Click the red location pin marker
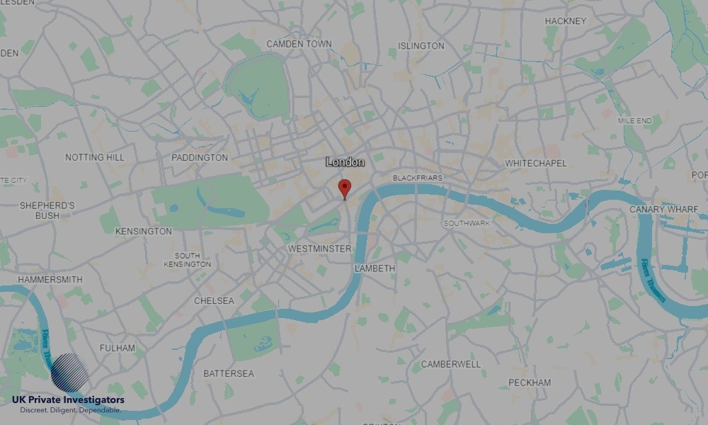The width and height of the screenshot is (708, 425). tap(345, 188)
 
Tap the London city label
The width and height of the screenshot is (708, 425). tap(346, 162)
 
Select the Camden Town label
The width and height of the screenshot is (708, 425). tap(299, 44)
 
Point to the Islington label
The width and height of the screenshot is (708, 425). tap(421, 46)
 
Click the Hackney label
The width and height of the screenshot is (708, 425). tap(565, 21)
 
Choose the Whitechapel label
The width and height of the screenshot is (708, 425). tap(536, 164)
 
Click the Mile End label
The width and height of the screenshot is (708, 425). tap(634, 121)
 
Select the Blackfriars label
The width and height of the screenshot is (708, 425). tap(417, 177)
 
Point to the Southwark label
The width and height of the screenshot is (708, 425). tap(467, 223)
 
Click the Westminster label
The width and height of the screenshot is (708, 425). tap(320, 249)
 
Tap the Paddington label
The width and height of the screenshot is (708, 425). tap(200, 157)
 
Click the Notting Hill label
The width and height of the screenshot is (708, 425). tap(94, 157)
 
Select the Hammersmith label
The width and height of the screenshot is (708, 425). tap(50, 280)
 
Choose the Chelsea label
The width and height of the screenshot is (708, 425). tap(214, 301)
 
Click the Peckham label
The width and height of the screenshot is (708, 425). tap(530, 382)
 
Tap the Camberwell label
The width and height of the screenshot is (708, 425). tap(450, 364)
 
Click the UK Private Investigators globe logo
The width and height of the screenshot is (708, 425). tap(69, 373)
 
